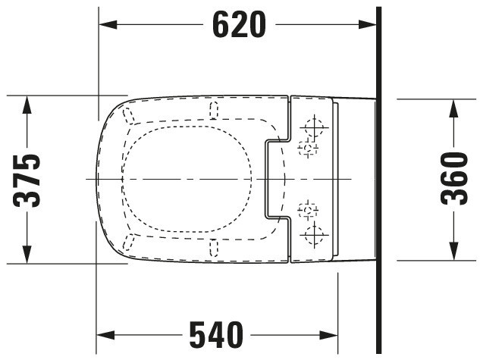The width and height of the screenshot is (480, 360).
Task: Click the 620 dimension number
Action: (239, 24)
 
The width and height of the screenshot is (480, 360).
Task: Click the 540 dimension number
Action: (216, 335)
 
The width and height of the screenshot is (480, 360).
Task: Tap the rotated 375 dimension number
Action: (27, 181)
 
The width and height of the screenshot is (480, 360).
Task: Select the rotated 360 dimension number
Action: (454, 178)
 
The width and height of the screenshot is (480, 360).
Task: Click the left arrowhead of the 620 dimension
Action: (108, 24)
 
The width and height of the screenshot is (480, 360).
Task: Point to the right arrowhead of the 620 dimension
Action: (367, 24)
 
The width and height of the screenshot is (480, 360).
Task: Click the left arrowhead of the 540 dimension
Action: (105, 335)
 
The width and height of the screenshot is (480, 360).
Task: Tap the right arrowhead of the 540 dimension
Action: (329, 335)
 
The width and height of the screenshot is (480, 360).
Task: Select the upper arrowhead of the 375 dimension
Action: (27, 105)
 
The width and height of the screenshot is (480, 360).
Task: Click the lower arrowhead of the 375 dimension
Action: (27, 254)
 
